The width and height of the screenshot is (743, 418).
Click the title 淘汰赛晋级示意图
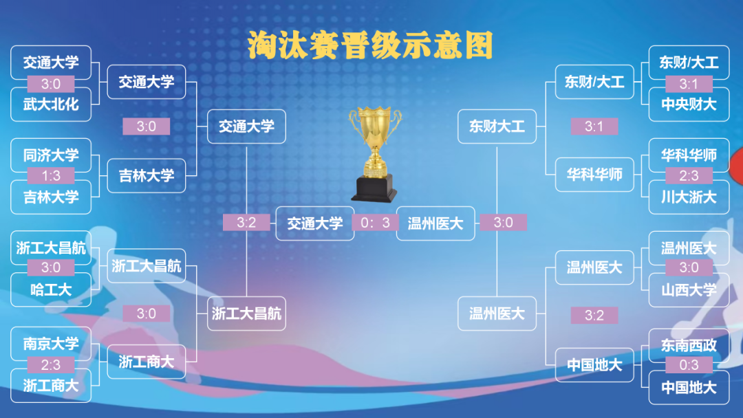pyautogui.click(x=370, y=45)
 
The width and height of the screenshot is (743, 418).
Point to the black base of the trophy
pyautogui.click(x=374, y=188)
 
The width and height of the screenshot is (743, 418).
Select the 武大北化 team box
pyautogui.click(x=51, y=104)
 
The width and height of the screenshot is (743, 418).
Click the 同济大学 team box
pyautogui.click(x=51, y=155)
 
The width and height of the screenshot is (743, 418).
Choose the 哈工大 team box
pyautogui.click(x=51, y=289)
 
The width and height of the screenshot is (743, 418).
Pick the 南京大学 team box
pyautogui.click(x=51, y=344)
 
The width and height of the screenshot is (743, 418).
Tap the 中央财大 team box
pyautogui.click(x=689, y=104)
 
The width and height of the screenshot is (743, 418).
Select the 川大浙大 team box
pyautogui.click(x=689, y=197)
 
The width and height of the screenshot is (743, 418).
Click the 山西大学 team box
pyautogui.click(x=689, y=289)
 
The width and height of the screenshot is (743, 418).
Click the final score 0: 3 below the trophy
pyautogui.click(x=375, y=223)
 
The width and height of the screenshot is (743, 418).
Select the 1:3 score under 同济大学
pyautogui.click(x=51, y=175)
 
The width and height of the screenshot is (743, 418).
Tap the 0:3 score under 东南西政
pyautogui.click(x=689, y=364)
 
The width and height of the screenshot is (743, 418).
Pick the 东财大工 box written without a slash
pyautogui.click(x=497, y=126)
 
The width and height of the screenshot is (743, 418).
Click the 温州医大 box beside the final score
pyautogui.click(x=435, y=223)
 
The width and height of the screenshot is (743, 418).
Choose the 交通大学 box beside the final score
pyautogui.click(x=315, y=223)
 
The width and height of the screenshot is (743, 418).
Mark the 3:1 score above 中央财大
pyautogui.click(x=689, y=84)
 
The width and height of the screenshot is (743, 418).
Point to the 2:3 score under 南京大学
pyautogui.click(x=51, y=364)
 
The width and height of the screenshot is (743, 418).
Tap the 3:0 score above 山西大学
pyautogui.click(x=689, y=267)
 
